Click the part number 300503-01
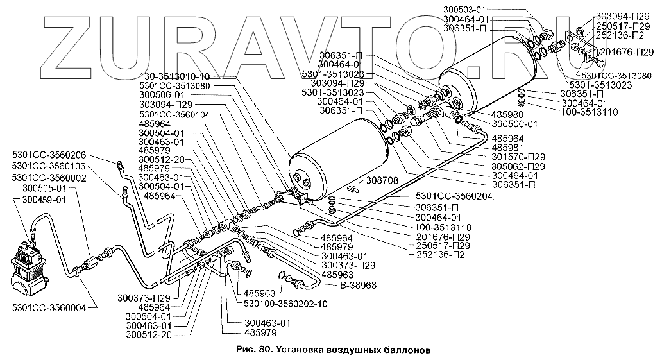pos(464,9)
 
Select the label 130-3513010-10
pos(174,77)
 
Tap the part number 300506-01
pos(162,95)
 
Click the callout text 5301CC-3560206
pos(49,155)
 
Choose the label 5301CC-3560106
pos(49,166)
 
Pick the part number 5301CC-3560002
pos(49,178)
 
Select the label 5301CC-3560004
pos(49,308)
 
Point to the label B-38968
pos(358,285)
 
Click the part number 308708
pos(382,181)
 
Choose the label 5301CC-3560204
pos(455,196)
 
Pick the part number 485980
pos(507,114)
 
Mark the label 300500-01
pos(514,124)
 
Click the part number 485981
pos(507,148)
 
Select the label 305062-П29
pos(518,166)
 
